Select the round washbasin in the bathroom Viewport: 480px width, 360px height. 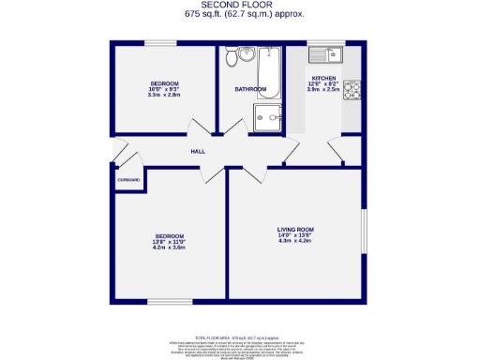tap(247, 54)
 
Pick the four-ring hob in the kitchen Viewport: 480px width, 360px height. tap(352, 91)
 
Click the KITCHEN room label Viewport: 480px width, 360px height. tap(323, 79)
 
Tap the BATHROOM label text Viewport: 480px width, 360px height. tap(250, 89)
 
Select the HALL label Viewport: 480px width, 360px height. tap(198, 151)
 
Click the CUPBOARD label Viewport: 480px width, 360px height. tap(128, 180)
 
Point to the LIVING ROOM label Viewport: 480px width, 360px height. tap(294, 230)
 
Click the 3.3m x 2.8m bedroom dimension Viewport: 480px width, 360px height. tap(163, 95)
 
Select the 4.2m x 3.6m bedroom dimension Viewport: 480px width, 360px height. tap(169, 247)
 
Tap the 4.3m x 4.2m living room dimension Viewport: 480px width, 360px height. tap(294, 242)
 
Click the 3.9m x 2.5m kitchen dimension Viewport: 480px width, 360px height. tap(323, 91)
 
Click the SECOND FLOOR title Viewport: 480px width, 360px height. tap(240, 6)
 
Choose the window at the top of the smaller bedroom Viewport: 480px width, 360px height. tap(161, 43)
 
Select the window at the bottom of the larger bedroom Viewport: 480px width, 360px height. tap(169, 301)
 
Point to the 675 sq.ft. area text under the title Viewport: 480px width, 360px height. tap(240, 14)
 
